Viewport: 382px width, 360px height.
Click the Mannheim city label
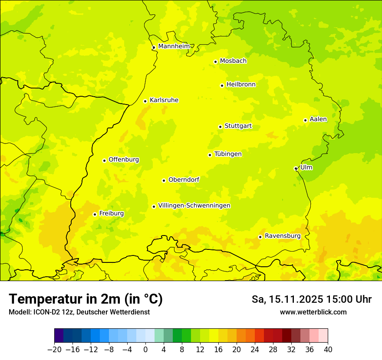[x=174, y=46]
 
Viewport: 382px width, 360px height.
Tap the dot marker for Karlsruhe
[x=145, y=101]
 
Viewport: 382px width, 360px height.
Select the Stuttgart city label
[x=238, y=126]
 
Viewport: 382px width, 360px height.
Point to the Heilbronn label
[x=241, y=85]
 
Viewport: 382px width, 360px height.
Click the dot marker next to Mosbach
[x=215, y=62]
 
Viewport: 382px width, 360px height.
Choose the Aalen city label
[x=318, y=119]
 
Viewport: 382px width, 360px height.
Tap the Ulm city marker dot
[x=296, y=168]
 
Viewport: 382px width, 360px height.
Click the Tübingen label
[x=228, y=154]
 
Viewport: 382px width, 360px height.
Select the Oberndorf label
[x=184, y=180]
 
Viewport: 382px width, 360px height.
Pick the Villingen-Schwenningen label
[x=194, y=206]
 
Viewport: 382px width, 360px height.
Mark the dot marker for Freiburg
[x=95, y=214]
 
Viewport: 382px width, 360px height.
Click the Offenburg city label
[x=124, y=160]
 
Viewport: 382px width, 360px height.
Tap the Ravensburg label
[x=283, y=236]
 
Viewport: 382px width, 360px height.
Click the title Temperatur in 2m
[x=86, y=299]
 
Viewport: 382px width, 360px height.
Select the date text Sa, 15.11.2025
[x=287, y=299]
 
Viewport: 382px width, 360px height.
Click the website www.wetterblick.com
[x=313, y=312]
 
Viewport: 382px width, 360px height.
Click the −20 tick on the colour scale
[x=54, y=349]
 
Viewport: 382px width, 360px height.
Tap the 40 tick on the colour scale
[x=328, y=349]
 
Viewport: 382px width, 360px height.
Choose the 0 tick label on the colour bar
[x=145, y=349]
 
